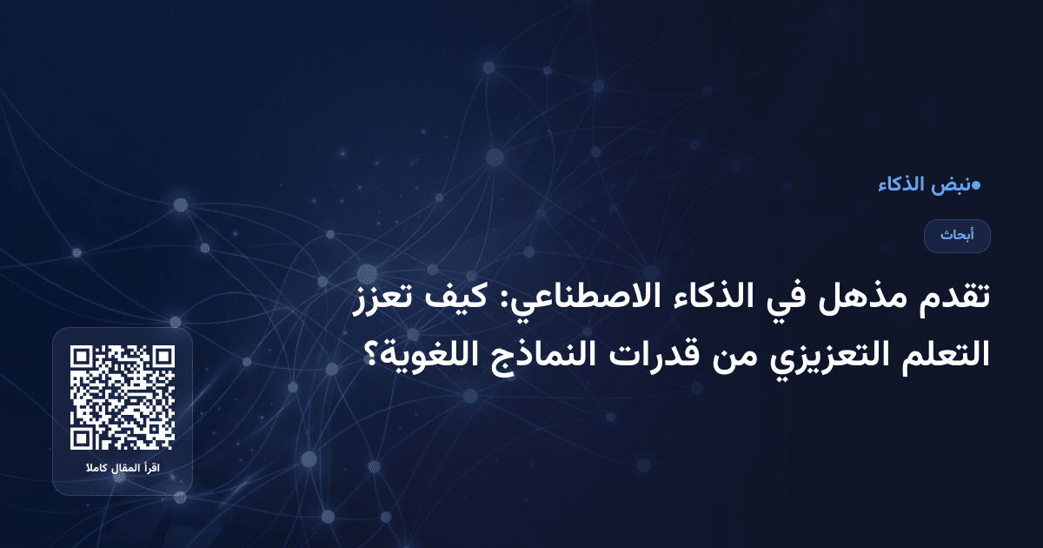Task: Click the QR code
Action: coord(123,398)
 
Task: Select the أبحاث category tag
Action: coord(957,236)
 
